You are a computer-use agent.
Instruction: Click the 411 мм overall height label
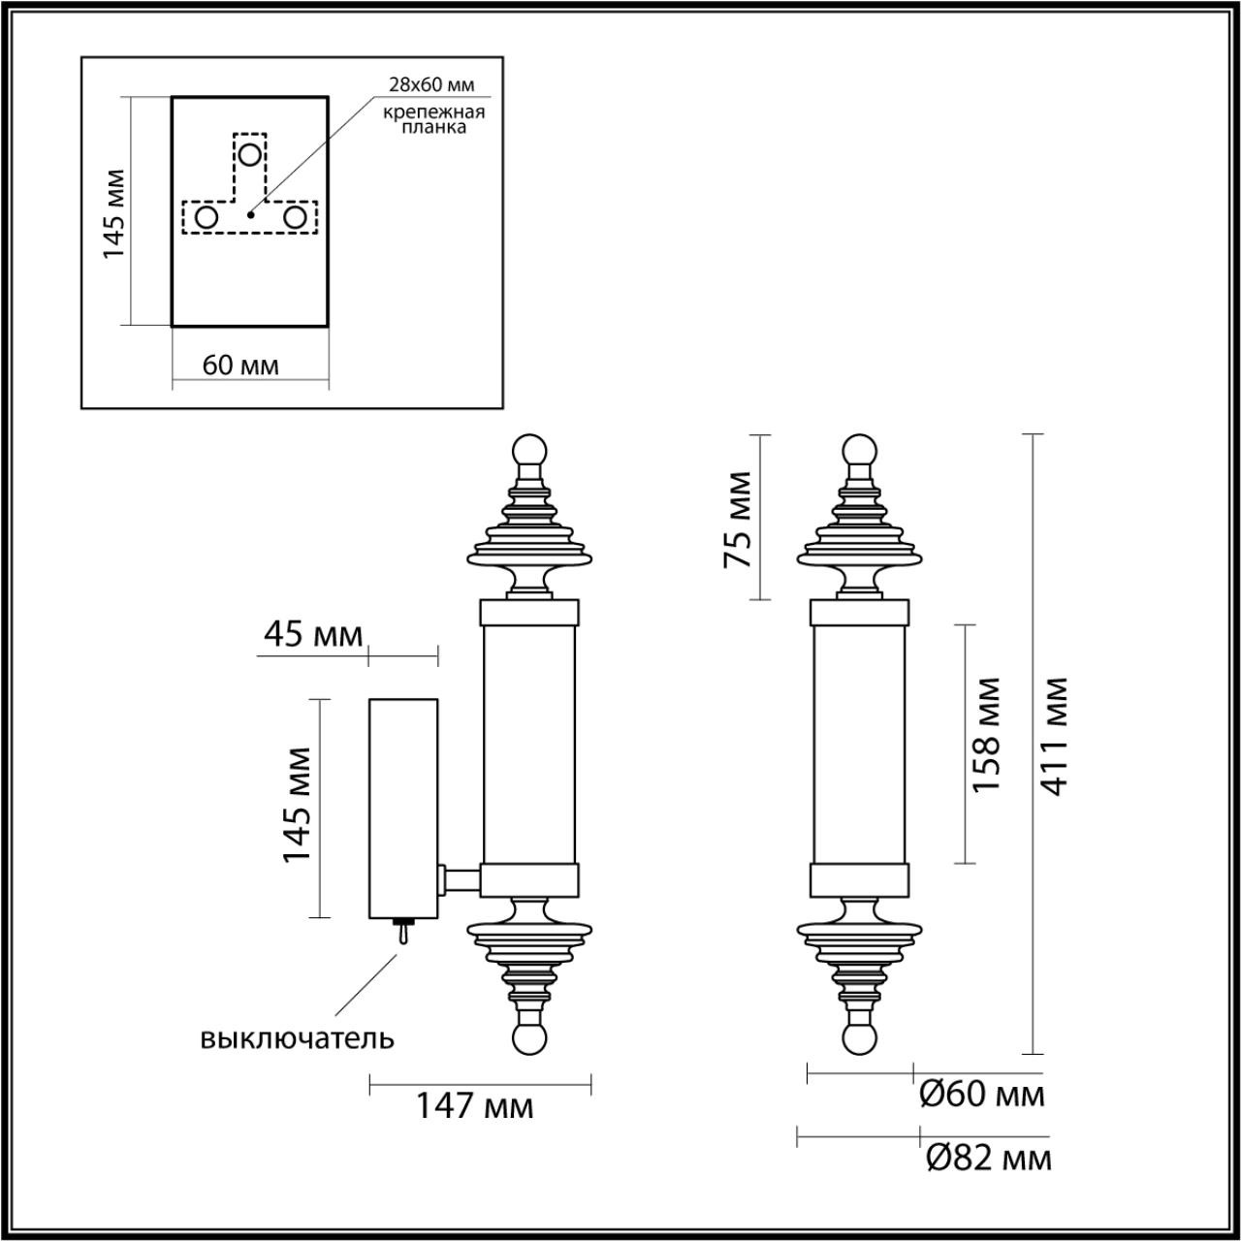pos(1056,737)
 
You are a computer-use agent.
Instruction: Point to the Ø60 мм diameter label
pos(981,1095)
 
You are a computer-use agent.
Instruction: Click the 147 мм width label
pos(475,1105)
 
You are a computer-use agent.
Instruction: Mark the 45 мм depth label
pos(313,635)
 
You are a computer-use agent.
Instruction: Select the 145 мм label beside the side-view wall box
pos(297,805)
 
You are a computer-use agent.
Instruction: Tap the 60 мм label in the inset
pos(240,366)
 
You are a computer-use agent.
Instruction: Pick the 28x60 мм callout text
pos(432,86)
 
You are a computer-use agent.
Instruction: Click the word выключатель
pos(298,1038)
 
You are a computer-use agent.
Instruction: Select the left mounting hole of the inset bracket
pos(207,217)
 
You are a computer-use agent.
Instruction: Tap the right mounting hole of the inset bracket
pos(295,217)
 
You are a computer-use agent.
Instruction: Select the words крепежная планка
pos(431,119)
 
